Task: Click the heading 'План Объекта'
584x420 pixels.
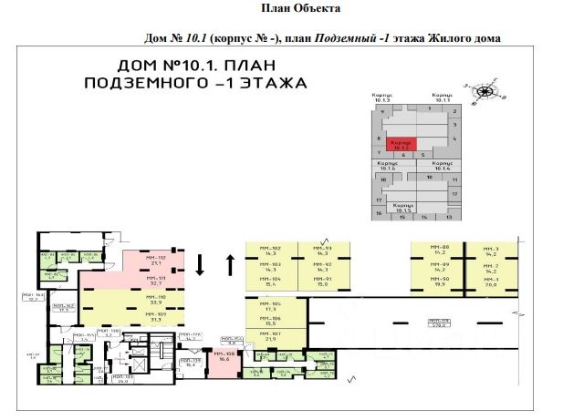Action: [300, 8]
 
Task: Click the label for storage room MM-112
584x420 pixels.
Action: [152, 261]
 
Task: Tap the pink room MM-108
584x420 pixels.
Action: [224, 357]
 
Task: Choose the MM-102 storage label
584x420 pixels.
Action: [270, 251]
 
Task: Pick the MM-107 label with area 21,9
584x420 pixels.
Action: [270, 337]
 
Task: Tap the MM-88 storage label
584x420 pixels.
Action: [442, 251]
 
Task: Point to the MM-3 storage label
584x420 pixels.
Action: [492, 251]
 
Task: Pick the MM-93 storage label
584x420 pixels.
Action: [321, 251]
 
